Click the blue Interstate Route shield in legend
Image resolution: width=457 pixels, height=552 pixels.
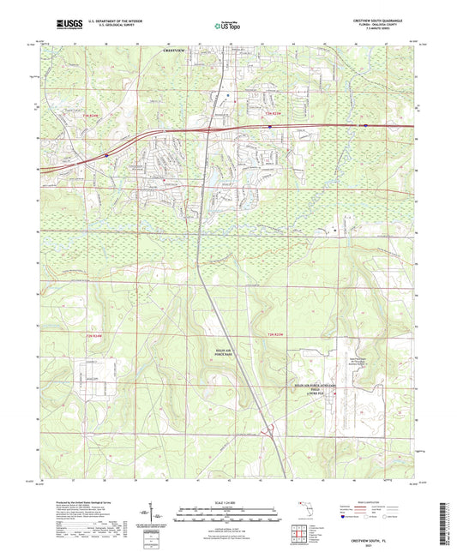pyautogui.click(x=346, y=517)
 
